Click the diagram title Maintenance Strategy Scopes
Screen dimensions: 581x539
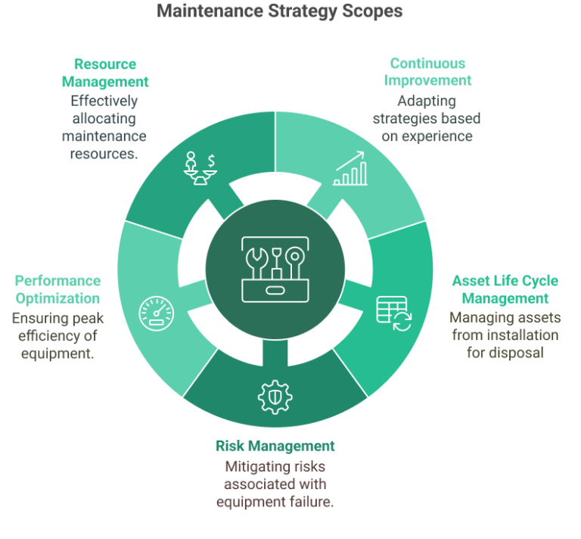pos(279,11)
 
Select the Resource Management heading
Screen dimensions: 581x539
pos(105,73)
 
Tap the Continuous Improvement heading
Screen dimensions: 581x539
pos(427,72)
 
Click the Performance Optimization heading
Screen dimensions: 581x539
pos(57,289)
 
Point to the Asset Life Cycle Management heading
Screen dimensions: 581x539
pos(505,289)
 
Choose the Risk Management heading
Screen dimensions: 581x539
pos(275,446)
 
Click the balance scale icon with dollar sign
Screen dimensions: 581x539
pos(200,168)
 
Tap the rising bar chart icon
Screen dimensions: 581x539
pos(350,168)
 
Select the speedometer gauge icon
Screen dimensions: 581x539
pos(157,313)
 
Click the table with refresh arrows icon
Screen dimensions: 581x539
pos(394,313)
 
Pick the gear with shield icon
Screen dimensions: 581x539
pos(275,397)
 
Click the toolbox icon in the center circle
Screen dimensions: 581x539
pos(275,269)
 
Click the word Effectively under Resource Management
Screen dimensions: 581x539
pos(104,101)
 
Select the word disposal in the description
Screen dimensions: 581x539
pos(516,353)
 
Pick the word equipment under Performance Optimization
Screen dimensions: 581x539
pos(57,354)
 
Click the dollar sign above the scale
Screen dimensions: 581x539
pos(211,161)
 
